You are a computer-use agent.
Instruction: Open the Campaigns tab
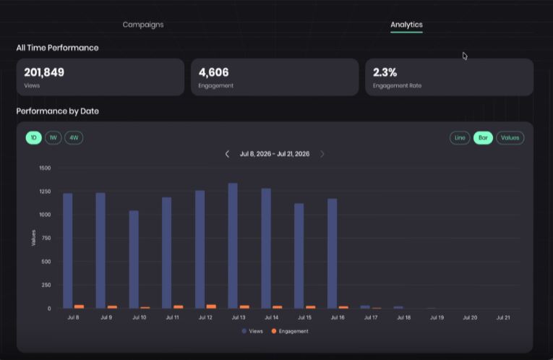[143, 25]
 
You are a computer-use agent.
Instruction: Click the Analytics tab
[406, 25]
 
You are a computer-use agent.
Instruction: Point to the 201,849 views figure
[44, 72]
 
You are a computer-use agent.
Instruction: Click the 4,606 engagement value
[214, 72]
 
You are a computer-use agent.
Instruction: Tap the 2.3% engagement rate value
[385, 72]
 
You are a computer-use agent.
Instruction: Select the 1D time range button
[33, 137]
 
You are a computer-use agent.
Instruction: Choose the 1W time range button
[53, 137]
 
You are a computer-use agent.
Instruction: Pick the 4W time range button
[74, 137]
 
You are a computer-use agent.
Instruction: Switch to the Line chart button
[460, 137]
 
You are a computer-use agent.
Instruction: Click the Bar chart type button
[483, 137]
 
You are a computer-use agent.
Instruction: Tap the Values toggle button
[510, 137]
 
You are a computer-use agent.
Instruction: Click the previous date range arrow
[227, 154]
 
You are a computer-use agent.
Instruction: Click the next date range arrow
[322, 154]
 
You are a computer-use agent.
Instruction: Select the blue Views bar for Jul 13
[233, 246]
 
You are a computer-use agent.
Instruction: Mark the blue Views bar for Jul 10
[134, 260]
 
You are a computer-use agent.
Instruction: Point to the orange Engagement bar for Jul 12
[211, 307]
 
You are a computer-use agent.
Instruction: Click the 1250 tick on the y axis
[45, 192]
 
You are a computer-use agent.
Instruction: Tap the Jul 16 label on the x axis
[338, 317]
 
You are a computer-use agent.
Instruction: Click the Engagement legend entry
[290, 331]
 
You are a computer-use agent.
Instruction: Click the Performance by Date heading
[58, 111]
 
